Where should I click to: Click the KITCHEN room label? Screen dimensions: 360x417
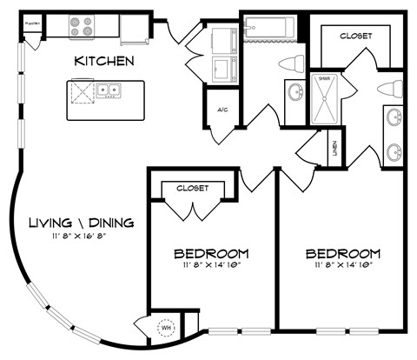pyautogui.click(x=103, y=62)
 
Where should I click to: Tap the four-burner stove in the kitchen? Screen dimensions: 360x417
pyautogui.click(x=82, y=26)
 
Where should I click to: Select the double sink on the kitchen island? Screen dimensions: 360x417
pyautogui.click(x=109, y=89)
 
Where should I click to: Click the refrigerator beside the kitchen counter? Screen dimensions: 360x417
pyautogui.click(x=135, y=28)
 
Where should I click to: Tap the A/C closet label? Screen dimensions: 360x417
pyautogui.click(x=222, y=110)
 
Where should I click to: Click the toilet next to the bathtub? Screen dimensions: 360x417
pyautogui.click(x=293, y=63)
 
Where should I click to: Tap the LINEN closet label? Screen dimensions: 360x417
pyautogui.click(x=334, y=150)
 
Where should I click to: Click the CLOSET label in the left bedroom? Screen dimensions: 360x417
pyautogui.click(x=192, y=187)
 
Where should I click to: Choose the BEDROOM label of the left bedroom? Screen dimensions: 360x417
pyautogui.click(x=211, y=254)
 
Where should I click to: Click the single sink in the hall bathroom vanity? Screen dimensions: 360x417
pyautogui.click(x=293, y=92)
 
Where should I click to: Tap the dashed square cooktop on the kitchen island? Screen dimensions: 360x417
pyautogui.click(x=83, y=90)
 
